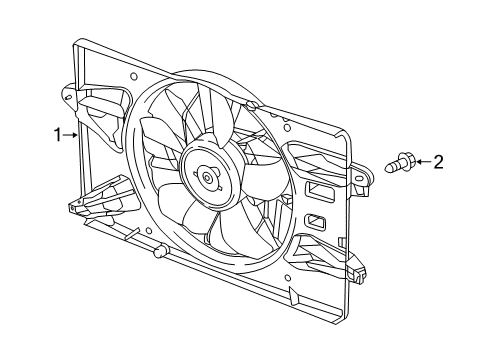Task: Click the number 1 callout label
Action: click(x=57, y=132)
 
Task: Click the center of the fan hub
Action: click(x=206, y=179)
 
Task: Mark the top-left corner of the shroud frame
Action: click(x=78, y=42)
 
